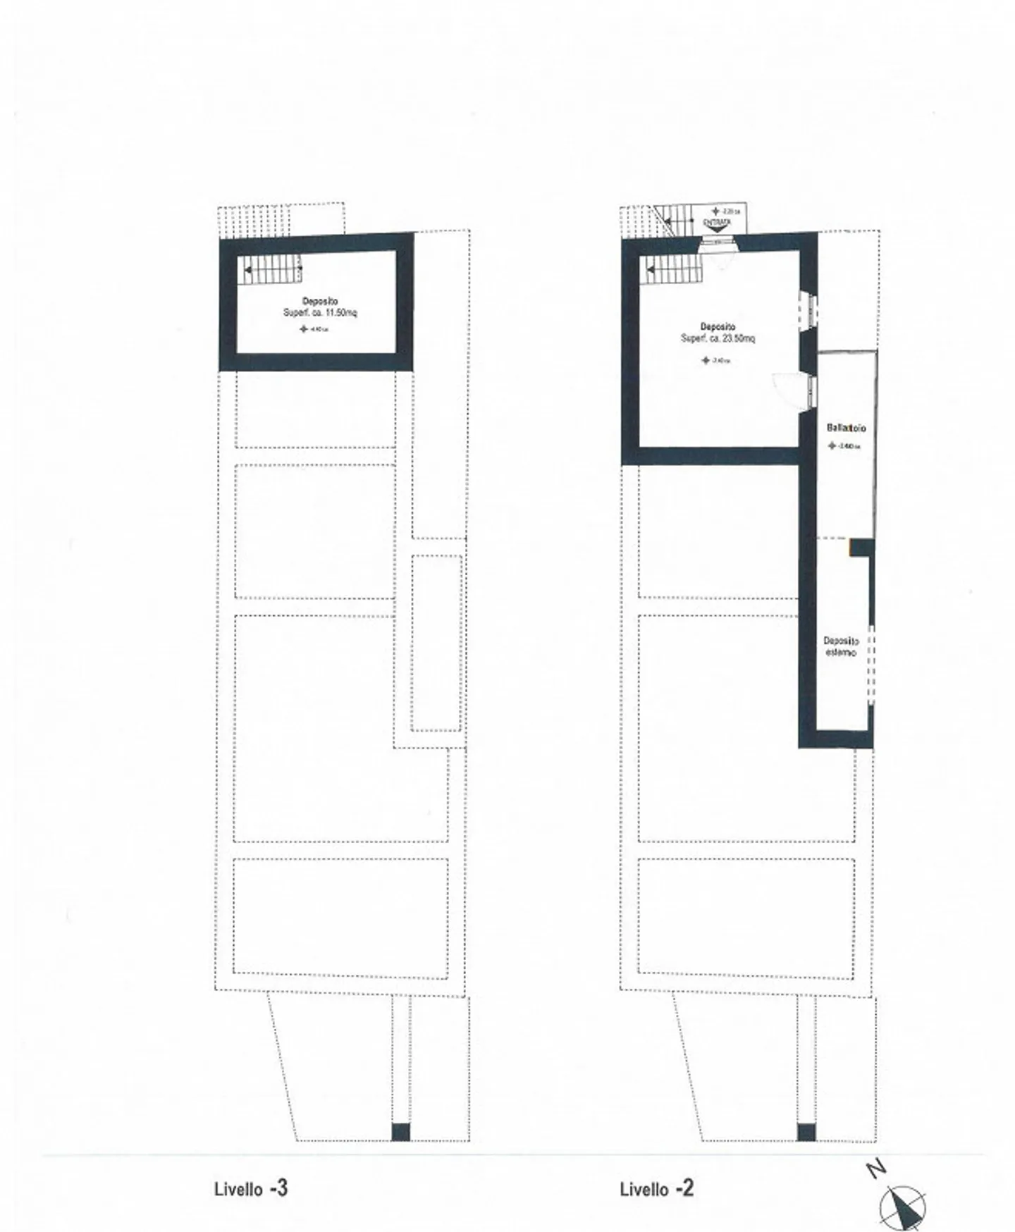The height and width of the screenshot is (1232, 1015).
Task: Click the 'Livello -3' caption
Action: (x=251, y=1188)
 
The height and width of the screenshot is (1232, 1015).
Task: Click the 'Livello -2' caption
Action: (x=656, y=1188)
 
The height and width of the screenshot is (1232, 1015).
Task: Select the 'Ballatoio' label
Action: (x=846, y=428)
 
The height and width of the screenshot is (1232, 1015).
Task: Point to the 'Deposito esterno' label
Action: (x=841, y=647)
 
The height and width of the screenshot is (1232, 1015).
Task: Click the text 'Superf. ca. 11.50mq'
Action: (x=320, y=313)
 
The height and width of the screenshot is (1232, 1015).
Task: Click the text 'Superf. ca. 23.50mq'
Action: (x=718, y=338)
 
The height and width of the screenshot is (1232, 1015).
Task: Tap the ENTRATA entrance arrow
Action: (x=717, y=224)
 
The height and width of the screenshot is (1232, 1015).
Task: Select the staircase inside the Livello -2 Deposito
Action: (x=672, y=269)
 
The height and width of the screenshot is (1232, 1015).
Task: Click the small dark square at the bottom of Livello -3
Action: (x=400, y=1151)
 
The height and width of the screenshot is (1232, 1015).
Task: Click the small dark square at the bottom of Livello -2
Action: (x=806, y=1151)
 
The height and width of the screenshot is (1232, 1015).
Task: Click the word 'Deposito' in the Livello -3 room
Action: (x=320, y=302)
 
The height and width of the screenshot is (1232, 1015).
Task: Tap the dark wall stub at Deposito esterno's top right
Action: (x=861, y=547)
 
